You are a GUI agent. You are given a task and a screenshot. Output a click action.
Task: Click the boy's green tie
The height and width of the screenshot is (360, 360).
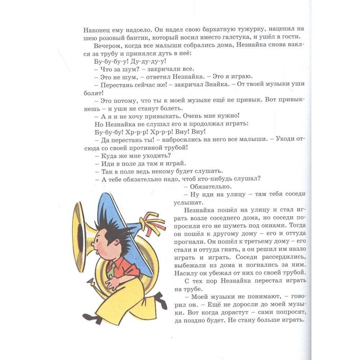[111, 269]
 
